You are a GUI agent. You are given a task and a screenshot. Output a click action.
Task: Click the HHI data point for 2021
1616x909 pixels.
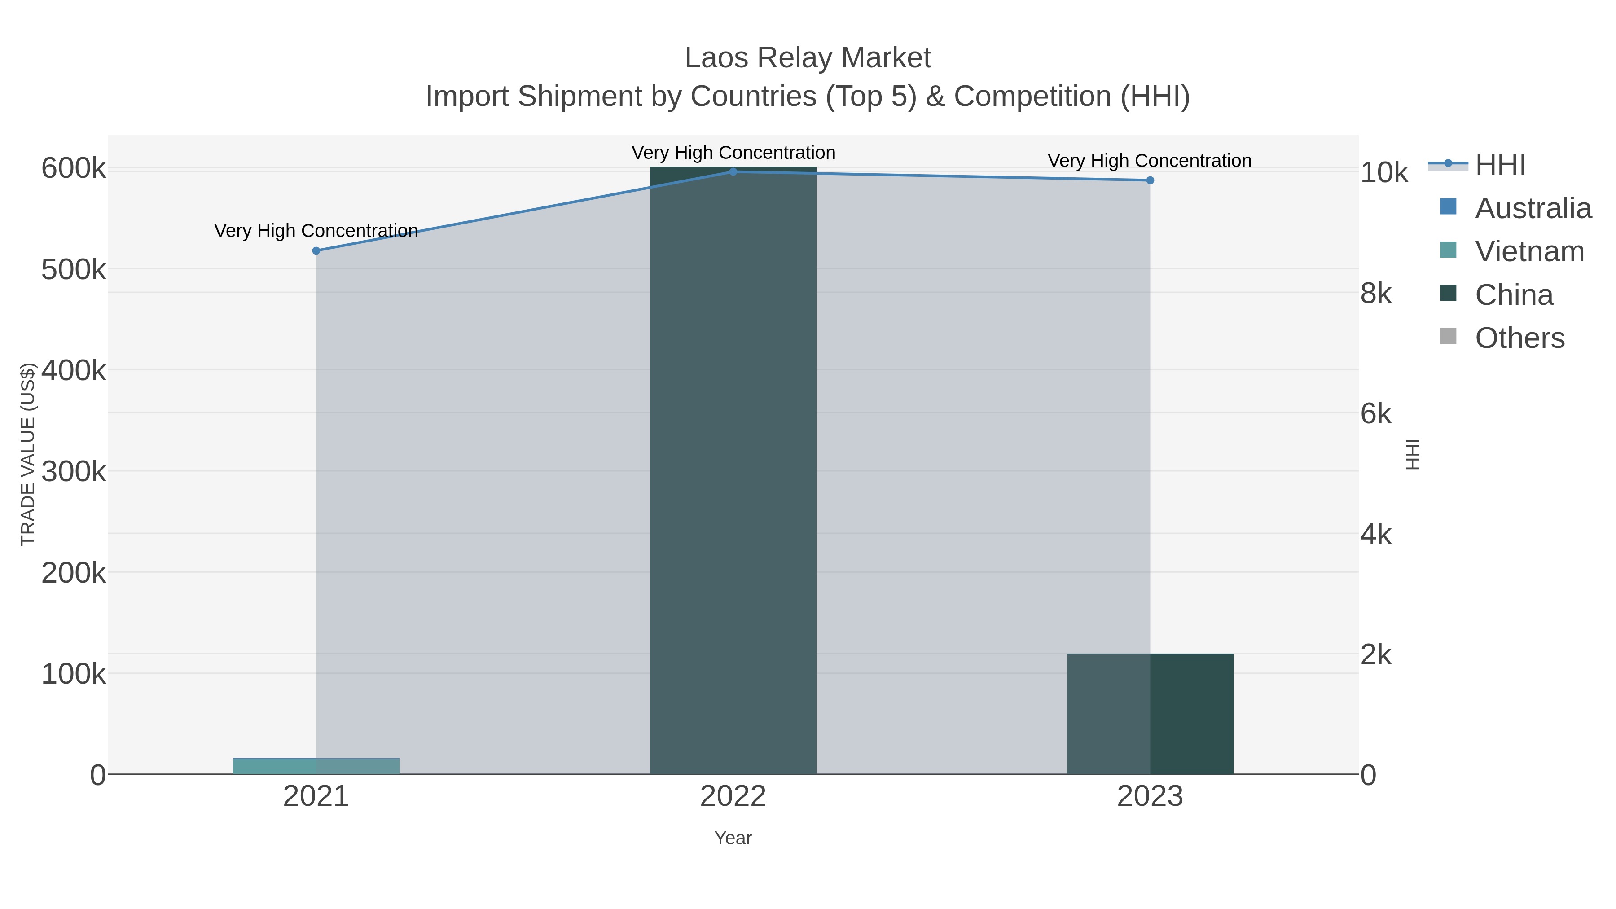coord(316,251)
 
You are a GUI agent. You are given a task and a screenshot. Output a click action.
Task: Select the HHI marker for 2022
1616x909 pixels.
coord(733,171)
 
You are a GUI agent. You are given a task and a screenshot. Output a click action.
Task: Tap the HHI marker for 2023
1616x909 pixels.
coord(1150,180)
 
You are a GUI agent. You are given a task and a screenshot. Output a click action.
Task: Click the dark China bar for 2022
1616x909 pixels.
coord(733,470)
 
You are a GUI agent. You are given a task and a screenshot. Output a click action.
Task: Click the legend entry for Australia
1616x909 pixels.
coord(1533,208)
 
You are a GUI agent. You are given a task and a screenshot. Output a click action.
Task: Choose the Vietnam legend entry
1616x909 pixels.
coord(1529,251)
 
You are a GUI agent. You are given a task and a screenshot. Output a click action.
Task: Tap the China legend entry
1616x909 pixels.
coord(1513,295)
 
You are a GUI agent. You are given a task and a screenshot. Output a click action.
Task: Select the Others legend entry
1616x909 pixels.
coord(1519,338)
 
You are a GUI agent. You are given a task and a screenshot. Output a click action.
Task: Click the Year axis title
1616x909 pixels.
coord(733,838)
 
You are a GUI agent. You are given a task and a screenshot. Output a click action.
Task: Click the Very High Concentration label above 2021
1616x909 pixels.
coord(316,231)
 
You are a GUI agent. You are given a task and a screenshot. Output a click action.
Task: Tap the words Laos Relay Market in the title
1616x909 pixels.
coord(808,58)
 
